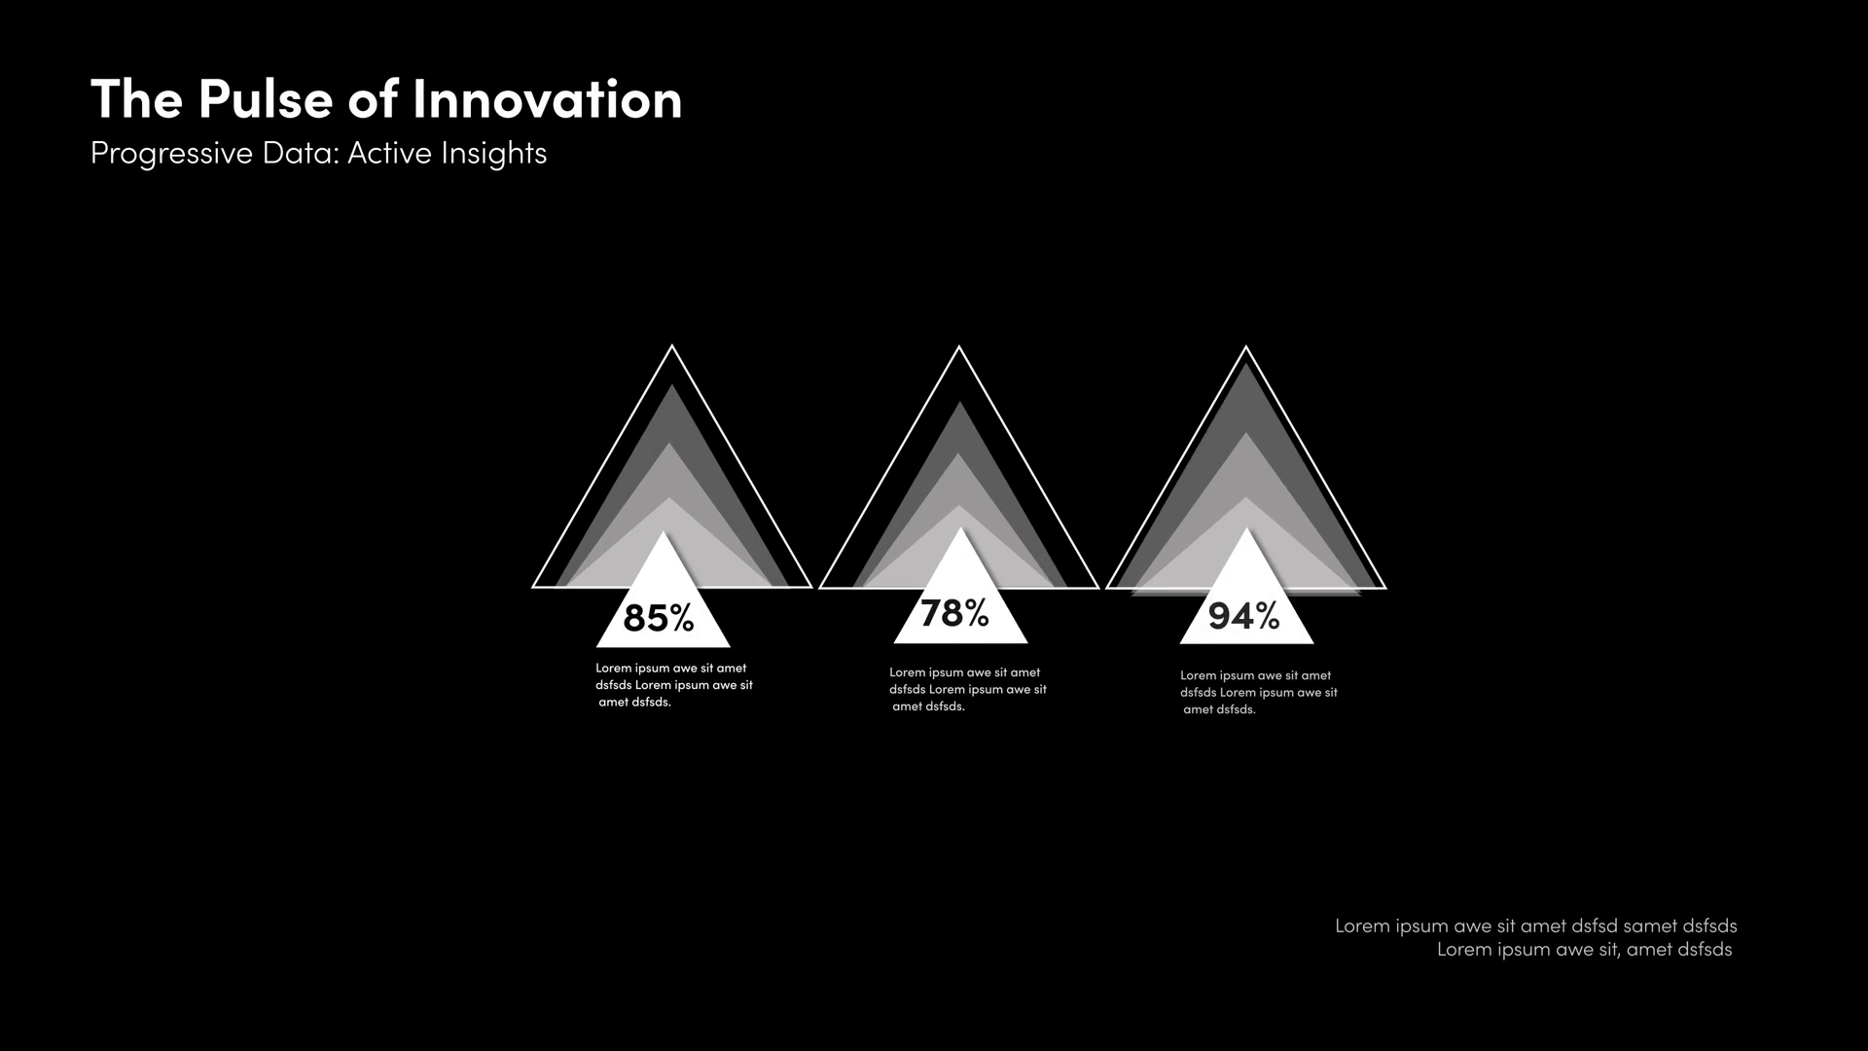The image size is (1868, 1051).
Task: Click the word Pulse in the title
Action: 265,100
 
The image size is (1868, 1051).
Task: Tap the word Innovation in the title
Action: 548,100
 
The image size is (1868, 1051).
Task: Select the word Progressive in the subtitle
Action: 171,154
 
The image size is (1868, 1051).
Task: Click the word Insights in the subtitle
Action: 494,154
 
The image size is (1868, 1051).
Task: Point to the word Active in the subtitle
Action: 389,153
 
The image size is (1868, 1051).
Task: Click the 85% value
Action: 659,618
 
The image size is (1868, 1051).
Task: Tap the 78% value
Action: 954,613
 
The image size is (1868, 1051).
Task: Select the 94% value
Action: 1243,616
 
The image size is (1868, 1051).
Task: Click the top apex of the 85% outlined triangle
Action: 672,345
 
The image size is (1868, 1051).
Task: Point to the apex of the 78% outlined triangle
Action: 959,346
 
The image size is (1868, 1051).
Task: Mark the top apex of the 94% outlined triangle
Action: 1246,346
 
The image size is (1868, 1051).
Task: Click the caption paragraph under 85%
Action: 674,685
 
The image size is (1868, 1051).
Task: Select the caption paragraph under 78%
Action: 968,689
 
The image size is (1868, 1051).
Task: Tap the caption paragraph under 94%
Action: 1259,692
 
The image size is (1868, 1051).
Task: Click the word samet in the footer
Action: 1650,925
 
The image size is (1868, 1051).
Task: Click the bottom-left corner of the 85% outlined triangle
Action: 533,588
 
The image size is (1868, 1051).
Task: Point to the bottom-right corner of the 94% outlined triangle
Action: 1385,589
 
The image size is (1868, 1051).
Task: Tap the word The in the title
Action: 137,100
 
